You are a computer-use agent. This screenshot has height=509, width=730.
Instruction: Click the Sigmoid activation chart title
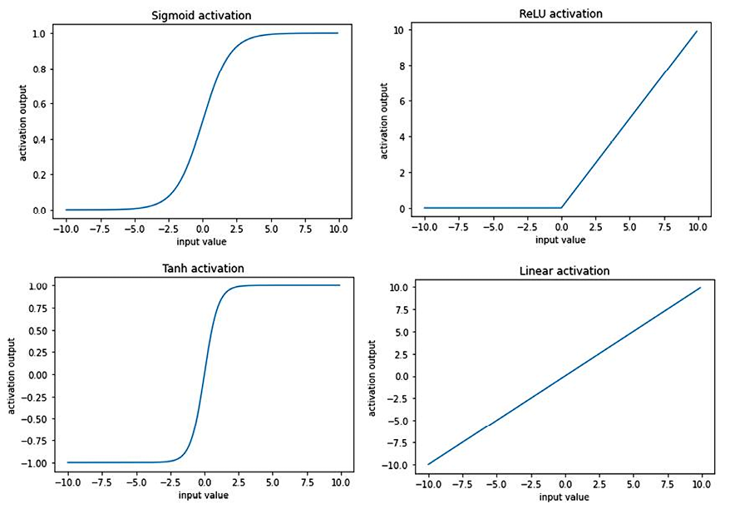[202, 16]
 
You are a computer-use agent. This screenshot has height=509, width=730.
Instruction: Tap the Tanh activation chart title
[203, 269]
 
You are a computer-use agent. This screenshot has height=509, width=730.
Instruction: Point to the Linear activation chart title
[564, 271]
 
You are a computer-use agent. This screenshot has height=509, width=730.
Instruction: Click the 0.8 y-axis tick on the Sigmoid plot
[40, 69]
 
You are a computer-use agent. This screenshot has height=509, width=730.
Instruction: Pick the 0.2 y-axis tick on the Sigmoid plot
[40, 175]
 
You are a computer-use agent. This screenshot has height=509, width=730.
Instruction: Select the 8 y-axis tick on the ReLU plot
[402, 65]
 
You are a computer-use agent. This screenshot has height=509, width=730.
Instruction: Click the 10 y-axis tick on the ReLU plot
[399, 29]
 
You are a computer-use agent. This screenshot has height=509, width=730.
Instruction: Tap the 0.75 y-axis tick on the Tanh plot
[36, 308]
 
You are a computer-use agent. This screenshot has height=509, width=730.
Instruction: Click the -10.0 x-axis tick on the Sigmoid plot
[67, 228]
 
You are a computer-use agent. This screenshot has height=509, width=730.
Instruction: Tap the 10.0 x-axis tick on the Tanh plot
[340, 482]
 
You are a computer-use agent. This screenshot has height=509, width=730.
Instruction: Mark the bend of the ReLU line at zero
[562, 207]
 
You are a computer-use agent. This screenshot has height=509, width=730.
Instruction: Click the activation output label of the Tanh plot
[12, 373]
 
